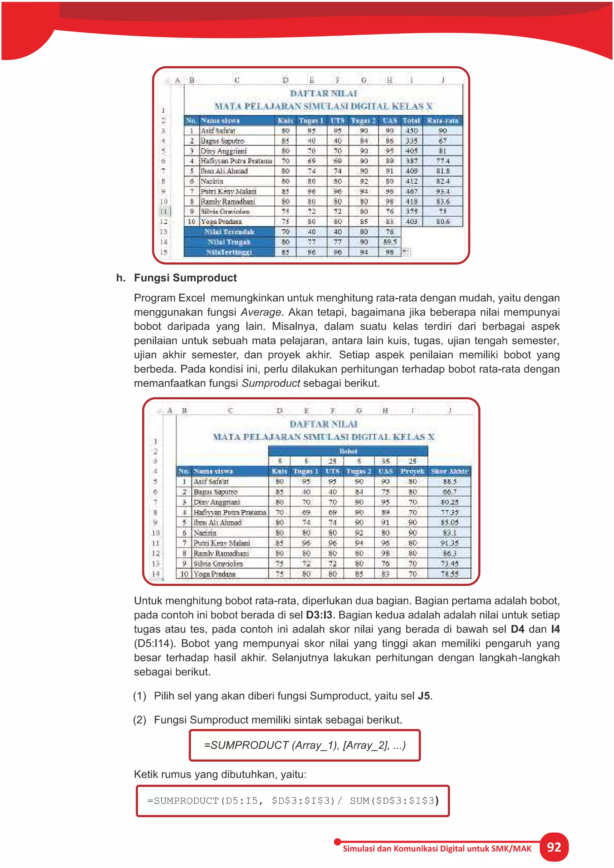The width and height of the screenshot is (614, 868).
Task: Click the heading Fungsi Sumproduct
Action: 185,278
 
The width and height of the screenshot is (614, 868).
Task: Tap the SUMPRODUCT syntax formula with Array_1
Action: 305,745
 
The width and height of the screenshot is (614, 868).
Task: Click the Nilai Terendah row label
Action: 229,232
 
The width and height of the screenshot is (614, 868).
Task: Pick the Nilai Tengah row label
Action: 229,242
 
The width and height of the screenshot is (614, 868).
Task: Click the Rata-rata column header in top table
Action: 443,120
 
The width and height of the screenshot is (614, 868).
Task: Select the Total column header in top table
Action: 411,120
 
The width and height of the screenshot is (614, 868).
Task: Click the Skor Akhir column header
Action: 449,471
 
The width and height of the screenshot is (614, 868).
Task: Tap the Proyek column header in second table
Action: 413,471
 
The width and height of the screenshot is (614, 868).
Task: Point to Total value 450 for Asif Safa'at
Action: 411,131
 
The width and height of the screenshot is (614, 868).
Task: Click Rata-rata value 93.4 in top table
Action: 443,191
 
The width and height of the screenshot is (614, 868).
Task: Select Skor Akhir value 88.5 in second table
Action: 449,482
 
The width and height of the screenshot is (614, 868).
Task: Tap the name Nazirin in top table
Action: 212,181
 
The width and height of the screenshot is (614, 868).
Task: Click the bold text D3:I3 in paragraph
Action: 319,615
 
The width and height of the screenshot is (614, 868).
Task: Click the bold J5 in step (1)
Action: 423,696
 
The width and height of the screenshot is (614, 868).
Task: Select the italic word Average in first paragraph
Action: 261,312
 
